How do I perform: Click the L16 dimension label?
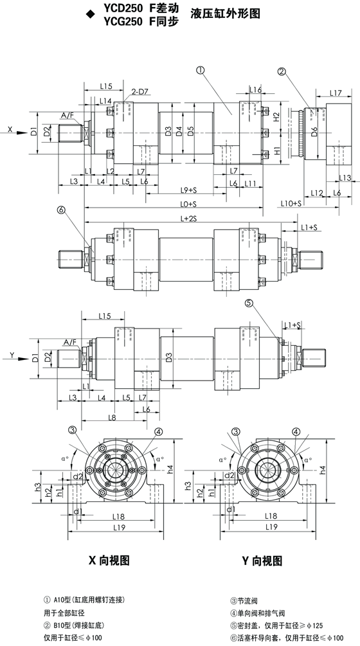tap(255, 90)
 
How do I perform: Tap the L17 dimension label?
tap(336, 93)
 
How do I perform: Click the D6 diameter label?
tap(314, 132)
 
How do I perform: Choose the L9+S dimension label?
tap(188, 190)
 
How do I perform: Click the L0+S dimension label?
tap(188, 204)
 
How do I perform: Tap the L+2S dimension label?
tap(188, 219)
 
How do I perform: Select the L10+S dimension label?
tap(291, 204)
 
